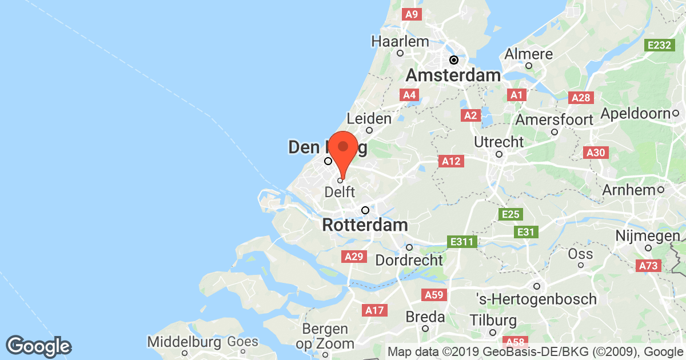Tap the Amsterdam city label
point(453,75)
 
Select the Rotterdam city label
point(365,225)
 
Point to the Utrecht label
point(499,141)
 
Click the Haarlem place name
point(400,41)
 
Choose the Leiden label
point(369,118)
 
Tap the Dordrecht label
point(409,259)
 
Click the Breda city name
point(425,316)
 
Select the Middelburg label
point(184,342)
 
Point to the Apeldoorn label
point(635,113)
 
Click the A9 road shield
point(411,14)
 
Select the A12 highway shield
point(451,162)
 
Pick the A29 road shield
point(353,257)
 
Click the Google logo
point(39,346)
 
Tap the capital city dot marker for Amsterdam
point(454,59)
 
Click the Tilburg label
point(494,320)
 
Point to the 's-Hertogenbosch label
point(536,298)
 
